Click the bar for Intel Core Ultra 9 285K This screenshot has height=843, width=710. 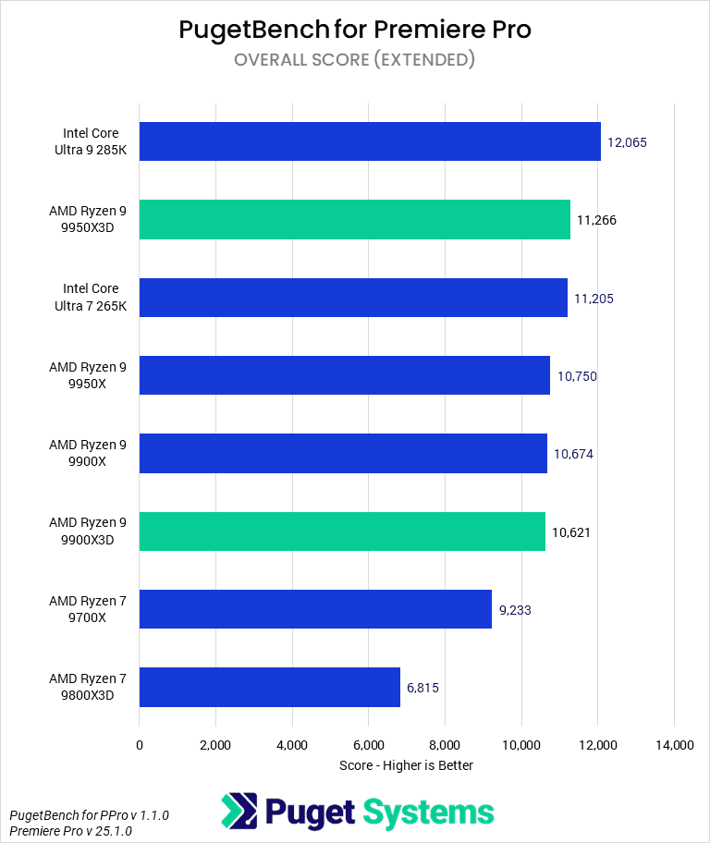point(370,141)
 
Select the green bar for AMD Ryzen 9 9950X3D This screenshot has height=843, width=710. point(354,219)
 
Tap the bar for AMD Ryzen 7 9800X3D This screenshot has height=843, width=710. point(269,687)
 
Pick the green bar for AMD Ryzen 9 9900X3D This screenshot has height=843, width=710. point(342,531)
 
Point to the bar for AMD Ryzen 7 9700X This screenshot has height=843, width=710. point(315,609)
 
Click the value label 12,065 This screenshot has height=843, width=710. point(627,142)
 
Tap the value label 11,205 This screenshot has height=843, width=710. point(594,298)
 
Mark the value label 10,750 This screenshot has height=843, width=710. point(577,375)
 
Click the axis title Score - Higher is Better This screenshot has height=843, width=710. point(407,765)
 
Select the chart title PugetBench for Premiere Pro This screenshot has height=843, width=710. point(355,30)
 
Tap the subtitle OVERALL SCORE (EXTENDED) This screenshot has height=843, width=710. point(355,60)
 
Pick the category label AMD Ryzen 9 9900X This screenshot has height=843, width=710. point(89,453)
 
